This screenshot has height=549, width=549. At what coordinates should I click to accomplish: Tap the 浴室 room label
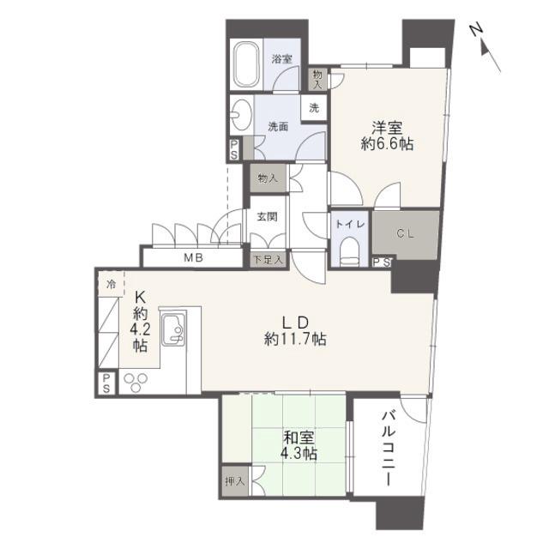click(x=282, y=59)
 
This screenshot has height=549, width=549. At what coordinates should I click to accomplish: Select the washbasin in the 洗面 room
click(x=242, y=115)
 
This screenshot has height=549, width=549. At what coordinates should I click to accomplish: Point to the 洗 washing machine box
click(x=314, y=108)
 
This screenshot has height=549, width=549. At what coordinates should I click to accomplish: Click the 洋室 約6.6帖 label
click(x=387, y=136)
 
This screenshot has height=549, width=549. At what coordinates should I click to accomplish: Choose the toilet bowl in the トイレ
click(x=351, y=251)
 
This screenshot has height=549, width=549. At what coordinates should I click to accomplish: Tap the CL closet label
click(x=406, y=233)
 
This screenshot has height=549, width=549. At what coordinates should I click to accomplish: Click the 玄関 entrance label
click(x=267, y=217)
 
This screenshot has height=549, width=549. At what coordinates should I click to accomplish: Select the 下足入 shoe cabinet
click(x=268, y=260)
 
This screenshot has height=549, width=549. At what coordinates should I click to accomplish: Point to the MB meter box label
click(x=194, y=258)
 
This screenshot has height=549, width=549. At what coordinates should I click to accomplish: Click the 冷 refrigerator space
click(x=111, y=284)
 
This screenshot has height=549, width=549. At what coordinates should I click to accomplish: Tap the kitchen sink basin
click(x=173, y=329)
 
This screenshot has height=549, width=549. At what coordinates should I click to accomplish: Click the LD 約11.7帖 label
click(x=295, y=330)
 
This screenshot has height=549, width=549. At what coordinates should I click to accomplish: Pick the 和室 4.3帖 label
click(x=299, y=446)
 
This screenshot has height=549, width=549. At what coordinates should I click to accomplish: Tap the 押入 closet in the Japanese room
click(x=235, y=481)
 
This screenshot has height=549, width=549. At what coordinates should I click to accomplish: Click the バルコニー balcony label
click(x=389, y=449)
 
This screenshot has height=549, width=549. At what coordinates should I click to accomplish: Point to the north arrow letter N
click(x=476, y=30)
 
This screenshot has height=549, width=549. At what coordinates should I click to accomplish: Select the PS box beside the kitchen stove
click(x=106, y=383)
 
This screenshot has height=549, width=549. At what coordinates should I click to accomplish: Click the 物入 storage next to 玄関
click(x=268, y=178)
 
